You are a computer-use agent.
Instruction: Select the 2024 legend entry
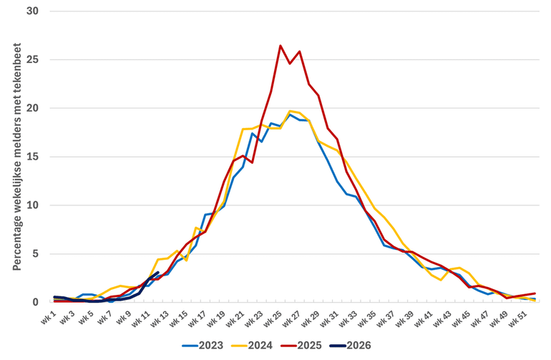click(255, 345)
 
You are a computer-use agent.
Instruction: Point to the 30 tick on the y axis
click(32, 11)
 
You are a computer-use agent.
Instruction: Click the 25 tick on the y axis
click(32, 60)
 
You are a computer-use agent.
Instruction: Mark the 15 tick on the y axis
click(32, 157)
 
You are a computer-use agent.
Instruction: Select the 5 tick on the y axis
click(35, 253)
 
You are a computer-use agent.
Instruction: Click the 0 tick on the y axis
click(35, 302)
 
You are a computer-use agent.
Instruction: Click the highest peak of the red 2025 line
click(281, 46)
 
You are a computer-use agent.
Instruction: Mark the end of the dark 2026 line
click(157, 273)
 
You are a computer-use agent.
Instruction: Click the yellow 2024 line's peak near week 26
click(290, 111)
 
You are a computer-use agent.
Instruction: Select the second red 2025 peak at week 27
click(299, 52)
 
